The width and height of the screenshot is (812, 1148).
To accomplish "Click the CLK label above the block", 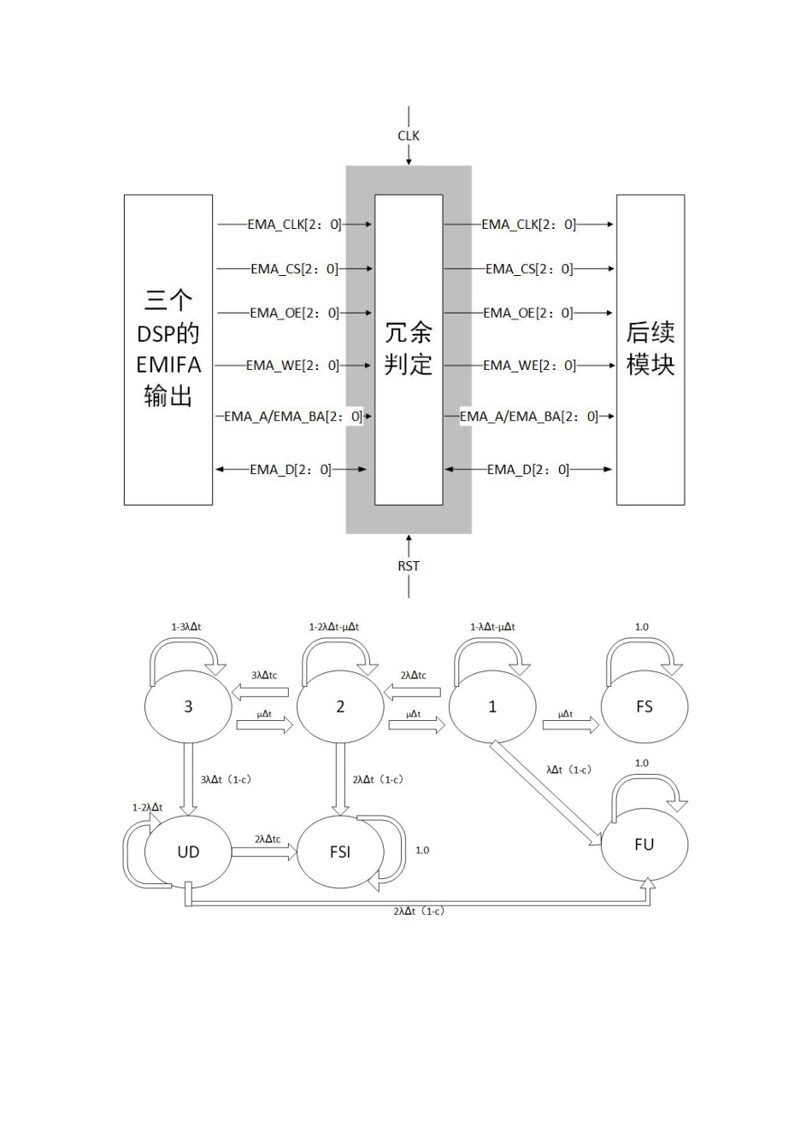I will point(409,136).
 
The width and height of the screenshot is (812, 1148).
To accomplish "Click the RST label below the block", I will point(409,565).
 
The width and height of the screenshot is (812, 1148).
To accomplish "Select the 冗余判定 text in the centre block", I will point(409,348).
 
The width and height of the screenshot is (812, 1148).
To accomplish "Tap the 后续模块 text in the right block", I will point(650,348).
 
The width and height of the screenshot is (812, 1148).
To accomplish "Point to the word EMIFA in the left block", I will point(168,365).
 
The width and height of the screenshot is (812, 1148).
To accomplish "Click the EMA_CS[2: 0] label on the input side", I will point(294,269).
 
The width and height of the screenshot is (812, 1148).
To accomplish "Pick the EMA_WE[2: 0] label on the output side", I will point(529,366).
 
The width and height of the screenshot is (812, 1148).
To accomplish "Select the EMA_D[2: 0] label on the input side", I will point(291,470).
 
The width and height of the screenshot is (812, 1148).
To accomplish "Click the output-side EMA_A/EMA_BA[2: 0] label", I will point(529,417).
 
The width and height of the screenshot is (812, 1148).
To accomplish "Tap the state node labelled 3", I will point(188,706).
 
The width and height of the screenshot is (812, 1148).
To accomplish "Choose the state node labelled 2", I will point(340,706).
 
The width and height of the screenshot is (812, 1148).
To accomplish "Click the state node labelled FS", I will point(644,706).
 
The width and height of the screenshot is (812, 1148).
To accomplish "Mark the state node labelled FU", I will point(644,844).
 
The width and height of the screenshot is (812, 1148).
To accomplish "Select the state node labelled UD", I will point(188,852).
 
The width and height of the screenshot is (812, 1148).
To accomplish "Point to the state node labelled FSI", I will point(340,852).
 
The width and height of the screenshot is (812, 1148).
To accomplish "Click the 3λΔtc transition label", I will point(264,675).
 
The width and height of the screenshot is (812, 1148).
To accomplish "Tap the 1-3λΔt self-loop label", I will point(186,627).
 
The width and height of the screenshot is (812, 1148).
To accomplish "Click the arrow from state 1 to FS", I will point(570,725).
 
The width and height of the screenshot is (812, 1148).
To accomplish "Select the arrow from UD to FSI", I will point(263,852).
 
